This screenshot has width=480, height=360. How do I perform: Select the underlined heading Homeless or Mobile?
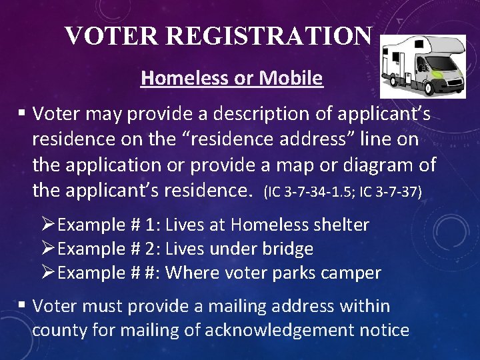231,79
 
